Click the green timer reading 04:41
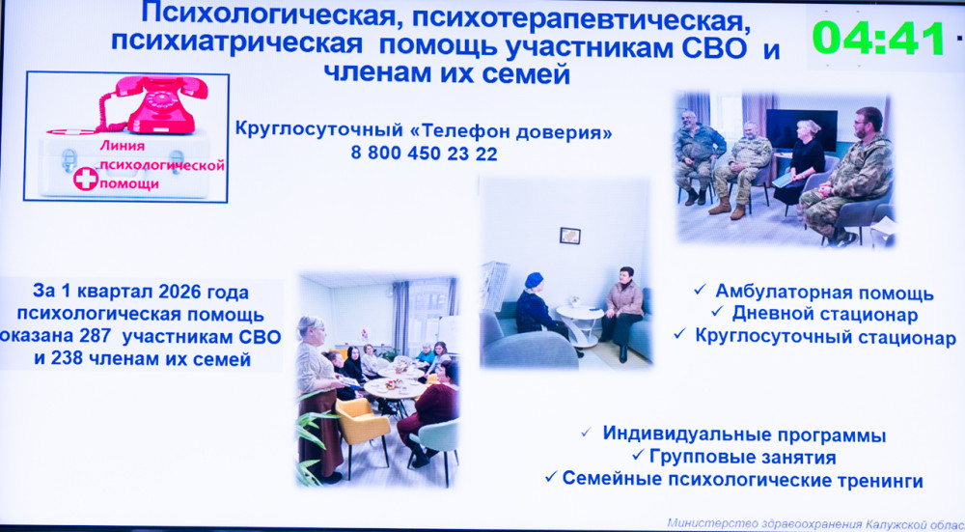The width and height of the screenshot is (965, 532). [x=878, y=39]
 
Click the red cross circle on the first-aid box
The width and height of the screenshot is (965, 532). [x=86, y=179]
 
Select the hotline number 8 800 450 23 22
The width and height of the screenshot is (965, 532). [x=424, y=154]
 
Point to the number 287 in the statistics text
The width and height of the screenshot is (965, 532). [x=96, y=336]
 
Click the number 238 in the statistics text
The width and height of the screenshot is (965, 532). [x=68, y=358]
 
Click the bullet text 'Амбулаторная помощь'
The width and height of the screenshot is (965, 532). [x=824, y=293]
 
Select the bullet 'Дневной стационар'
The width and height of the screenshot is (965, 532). [x=825, y=314]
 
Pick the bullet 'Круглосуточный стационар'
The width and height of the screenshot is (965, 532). [x=825, y=337]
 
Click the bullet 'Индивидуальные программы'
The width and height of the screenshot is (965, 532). [x=744, y=434]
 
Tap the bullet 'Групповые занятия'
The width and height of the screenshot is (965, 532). [x=742, y=458]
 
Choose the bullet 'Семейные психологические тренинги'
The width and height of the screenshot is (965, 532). [x=742, y=480]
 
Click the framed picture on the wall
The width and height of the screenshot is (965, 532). [x=570, y=236]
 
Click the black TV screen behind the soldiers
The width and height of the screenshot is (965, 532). [x=801, y=128]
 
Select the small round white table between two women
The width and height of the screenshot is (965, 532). [x=580, y=323]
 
